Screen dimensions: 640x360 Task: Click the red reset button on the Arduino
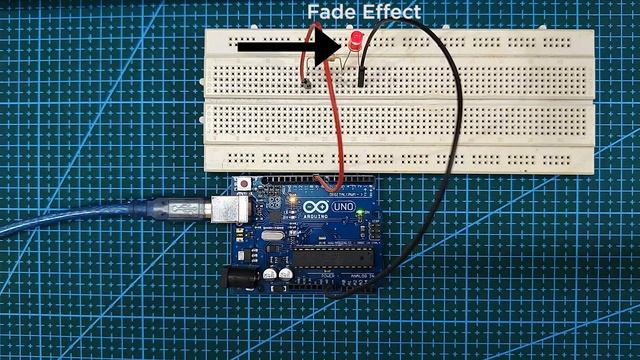(x=245, y=186)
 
